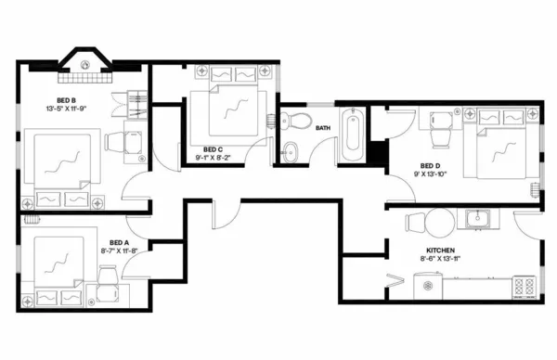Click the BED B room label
pos(66,101)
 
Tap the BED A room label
pos(120,241)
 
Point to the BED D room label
pos(429,163)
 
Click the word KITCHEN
pos(441,251)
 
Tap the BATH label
pos(323,127)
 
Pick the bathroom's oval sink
pos(290,151)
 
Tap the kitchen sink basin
pos(480,219)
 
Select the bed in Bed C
pos(227,111)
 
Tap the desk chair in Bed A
pos(108,276)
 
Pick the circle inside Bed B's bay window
pos(85,64)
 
